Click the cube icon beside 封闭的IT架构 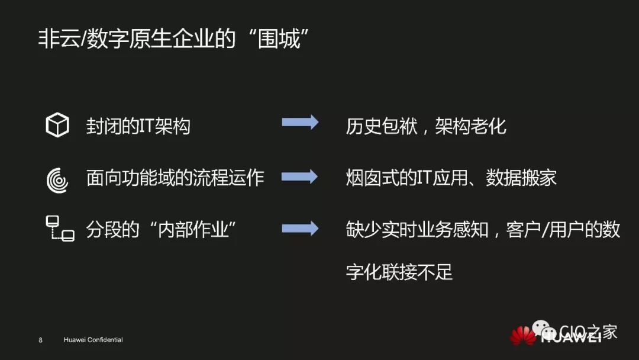57,125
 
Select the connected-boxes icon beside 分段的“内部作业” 60,229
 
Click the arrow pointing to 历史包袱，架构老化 300,123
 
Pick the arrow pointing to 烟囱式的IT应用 300,176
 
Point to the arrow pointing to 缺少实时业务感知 300,229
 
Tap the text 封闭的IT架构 138,126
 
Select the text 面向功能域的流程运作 175,178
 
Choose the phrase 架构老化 471,126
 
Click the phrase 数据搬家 521,178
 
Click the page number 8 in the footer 40,340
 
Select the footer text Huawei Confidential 93,340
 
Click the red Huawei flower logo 524,335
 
